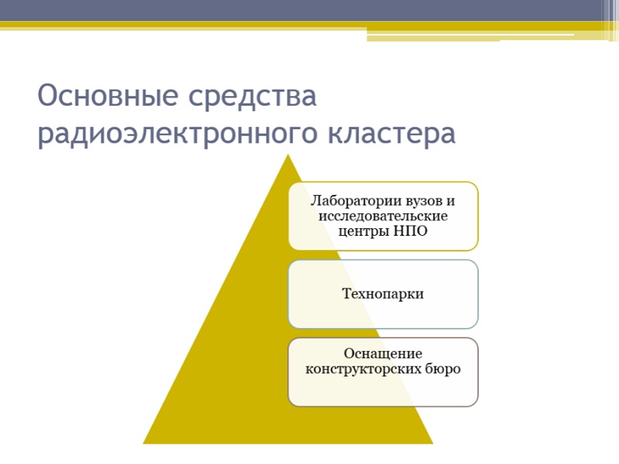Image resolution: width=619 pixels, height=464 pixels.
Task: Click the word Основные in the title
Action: coord(108,95)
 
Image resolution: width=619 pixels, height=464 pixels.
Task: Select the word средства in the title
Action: coord(253,97)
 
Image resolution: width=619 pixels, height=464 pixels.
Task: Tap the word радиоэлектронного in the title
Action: coord(178,134)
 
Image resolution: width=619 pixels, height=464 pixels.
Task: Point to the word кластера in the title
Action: coord(392,133)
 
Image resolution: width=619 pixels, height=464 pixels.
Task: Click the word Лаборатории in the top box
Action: coord(351,201)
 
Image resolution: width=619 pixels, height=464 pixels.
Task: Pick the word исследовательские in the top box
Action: coord(383,217)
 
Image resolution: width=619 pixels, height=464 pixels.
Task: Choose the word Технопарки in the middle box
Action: coord(383,294)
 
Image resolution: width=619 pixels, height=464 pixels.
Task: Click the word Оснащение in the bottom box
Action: coord(383,353)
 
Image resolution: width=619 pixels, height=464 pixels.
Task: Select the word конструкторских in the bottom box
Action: coord(363,370)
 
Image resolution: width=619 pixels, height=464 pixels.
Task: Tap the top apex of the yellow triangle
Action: coord(288,154)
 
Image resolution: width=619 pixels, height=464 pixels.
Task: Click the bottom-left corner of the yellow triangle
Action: coord(143,444)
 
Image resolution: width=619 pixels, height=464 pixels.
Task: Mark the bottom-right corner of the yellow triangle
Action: coord(433,444)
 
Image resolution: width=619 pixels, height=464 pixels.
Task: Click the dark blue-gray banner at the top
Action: coord(300,10)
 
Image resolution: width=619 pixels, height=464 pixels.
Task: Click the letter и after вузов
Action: coord(450,202)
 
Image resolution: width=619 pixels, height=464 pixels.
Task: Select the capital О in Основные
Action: coord(47,95)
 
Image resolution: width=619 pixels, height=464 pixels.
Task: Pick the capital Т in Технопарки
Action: coord(347,294)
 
